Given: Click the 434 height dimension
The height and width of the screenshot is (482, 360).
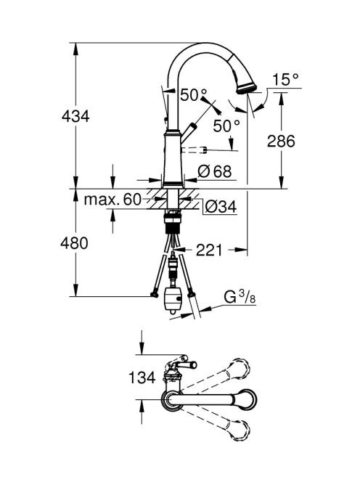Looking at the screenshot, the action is click(x=75, y=116).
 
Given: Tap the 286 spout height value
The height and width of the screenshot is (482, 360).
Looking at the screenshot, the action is click(x=281, y=141).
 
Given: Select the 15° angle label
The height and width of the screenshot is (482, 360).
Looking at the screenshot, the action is click(x=285, y=79).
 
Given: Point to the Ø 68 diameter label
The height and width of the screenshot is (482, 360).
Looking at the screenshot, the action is click(x=214, y=171).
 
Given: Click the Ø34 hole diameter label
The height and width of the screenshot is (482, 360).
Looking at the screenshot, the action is click(x=221, y=207).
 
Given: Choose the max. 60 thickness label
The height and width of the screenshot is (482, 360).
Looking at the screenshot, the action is click(x=112, y=200).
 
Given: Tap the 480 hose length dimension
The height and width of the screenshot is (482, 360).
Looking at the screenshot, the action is click(x=74, y=243).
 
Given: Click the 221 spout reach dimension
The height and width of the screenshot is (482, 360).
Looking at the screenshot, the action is click(x=209, y=250).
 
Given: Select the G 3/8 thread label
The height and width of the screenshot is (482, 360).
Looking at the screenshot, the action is click(x=240, y=297).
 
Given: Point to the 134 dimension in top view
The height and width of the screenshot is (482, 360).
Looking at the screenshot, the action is click(x=142, y=377).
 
